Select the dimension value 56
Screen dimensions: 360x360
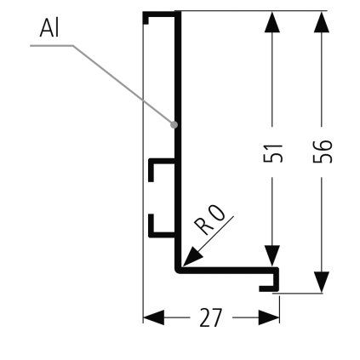pos(321,152)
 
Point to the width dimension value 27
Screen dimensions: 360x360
pos(210,318)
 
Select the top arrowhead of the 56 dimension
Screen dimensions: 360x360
pos(321,22)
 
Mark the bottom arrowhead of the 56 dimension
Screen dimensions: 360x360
pos(321,283)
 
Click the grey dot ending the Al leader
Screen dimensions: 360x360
pos(174,124)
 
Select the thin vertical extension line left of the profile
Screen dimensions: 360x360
pos(143,170)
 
